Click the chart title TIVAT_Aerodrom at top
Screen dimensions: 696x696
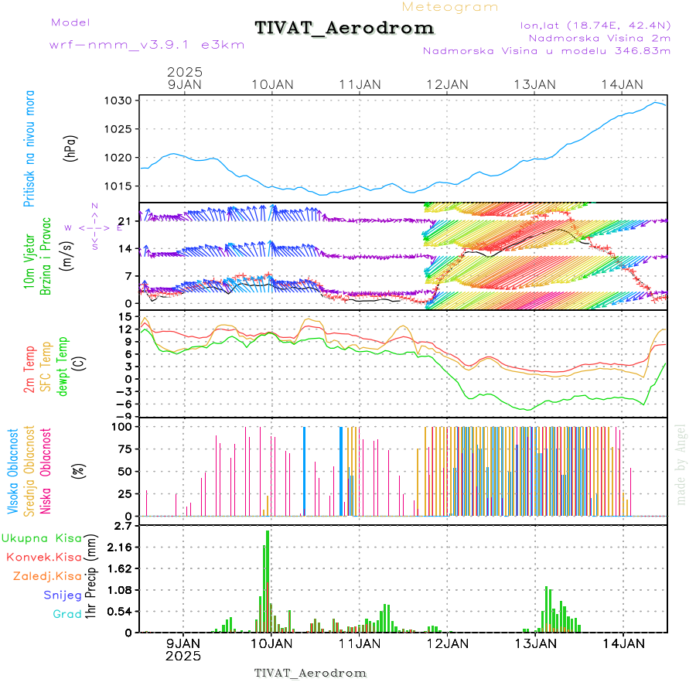pyautogui.click(x=344, y=29)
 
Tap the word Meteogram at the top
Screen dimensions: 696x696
pyautogui.click(x=450, y=7)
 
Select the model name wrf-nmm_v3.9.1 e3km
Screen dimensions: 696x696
pyautogui.click(x=147, y=44)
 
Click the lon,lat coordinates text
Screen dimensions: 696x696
pyautogui.click(x=595, y=25)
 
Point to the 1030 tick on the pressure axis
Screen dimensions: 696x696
pyautogui.click(x=124, y=101)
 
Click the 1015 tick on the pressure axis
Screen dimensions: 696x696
pyautogui.click(x=124, y=186)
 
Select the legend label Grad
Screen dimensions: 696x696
pyautogui.click(x=67, y=615)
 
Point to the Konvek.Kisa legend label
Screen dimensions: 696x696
pyautogui.click(x=43, y=557)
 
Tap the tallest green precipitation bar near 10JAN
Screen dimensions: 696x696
pyautogui.click(x=268, y=580)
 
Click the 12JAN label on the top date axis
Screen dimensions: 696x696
pyautogui.click(x=447, y=84)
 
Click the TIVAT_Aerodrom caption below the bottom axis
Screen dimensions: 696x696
pyautogui.click(x=310, y=673)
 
